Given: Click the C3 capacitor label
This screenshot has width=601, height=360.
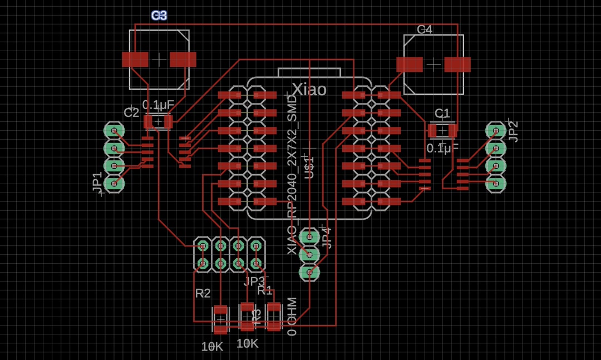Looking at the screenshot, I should tap(159, 16).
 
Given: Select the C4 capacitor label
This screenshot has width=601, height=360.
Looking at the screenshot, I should tap(425, 29).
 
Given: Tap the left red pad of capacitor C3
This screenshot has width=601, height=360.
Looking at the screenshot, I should tap(135, 60).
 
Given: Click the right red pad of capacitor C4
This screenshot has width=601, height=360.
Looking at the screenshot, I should tap(457, 65).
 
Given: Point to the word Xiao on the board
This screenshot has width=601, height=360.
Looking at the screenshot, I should tap(309, 90).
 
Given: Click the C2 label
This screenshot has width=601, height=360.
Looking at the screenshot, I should tap(131, 113).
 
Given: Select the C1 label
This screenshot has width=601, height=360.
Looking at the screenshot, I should tap(442, 114).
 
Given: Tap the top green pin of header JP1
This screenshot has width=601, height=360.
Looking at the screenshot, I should tap(114, 131).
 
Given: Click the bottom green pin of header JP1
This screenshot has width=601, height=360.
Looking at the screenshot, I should tap(114, 183).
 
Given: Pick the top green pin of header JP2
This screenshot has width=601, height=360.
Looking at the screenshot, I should tap(496, 131).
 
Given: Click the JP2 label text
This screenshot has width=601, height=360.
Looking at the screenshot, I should tap(514, 131).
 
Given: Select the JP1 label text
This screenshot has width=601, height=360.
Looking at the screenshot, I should tap(98, 183).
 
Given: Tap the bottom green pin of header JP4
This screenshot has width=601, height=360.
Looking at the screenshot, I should tap(309, 272).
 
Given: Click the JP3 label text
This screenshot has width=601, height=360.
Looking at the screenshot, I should tap(255, 281).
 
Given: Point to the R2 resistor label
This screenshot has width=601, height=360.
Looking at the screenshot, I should tap(203, 293).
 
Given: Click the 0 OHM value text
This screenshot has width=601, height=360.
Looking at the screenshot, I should tap(292, 317).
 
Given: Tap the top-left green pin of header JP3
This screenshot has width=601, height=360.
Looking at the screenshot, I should tap(203, 245).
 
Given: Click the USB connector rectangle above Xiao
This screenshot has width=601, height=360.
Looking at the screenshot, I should tap(309, 73).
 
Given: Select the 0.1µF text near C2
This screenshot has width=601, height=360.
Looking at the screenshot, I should tap(158, 105).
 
